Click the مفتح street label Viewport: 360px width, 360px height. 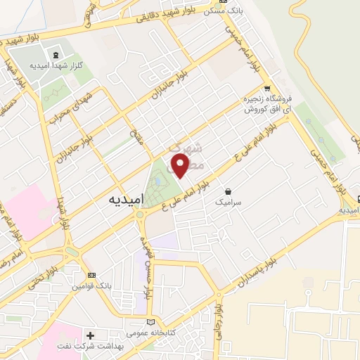[x=136, y=128]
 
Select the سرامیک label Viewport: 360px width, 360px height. [x=228, y=202]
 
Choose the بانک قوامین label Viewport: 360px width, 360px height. [x=89, y=287]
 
